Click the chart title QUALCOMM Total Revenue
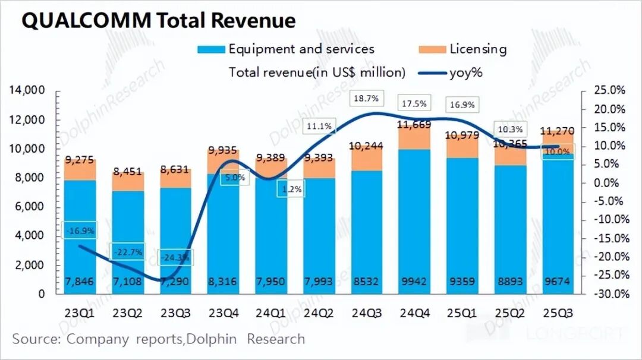pos(158,21)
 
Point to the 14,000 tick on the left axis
pos(27,90)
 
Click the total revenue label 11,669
pos(414,124)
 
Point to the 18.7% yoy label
pos(368,97)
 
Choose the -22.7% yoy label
pos(128,252)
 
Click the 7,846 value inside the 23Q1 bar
pos(80,282)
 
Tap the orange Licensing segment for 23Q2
pos(128,182)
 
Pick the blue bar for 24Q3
pos(368,232)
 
